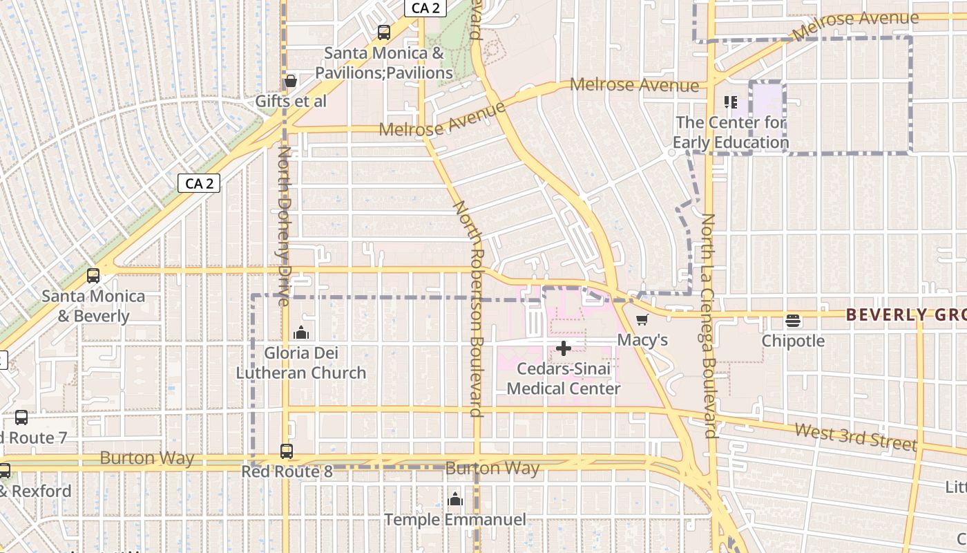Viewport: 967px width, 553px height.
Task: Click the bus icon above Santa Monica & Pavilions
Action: tap(383, 32)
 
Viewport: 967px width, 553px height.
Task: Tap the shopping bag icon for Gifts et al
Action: tap(291, 82)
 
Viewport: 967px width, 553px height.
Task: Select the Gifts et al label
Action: tap(291, 101)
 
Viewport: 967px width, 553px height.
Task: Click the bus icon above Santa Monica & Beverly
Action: tap(93, 276)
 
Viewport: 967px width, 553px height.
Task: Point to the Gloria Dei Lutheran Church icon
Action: tap(301, 333)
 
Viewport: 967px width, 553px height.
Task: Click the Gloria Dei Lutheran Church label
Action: tap(301, 363)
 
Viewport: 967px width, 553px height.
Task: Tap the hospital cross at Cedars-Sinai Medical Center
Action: tap(564, 348)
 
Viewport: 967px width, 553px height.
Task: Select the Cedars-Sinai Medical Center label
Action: tap(564, 379)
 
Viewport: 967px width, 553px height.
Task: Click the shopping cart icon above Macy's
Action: tap(642, 320)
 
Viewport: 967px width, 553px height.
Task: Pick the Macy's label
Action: tap(642, 340)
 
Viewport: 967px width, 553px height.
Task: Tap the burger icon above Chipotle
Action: tap(793, 321)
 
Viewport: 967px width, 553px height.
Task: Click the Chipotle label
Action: tap(793, 341)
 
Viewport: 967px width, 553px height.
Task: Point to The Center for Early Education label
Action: tap(731, 133)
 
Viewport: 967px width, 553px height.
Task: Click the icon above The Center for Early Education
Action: tap(731, 103)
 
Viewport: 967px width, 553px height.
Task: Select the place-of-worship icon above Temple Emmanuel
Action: tap(455, 499)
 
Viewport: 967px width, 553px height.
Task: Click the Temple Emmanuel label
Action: tap(455, 519)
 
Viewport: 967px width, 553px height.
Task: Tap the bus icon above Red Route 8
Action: tap(287, 451)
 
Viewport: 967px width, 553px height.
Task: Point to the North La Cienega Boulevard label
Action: tap(709, 325)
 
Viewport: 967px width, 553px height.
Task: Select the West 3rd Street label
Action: tap(855, 437)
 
